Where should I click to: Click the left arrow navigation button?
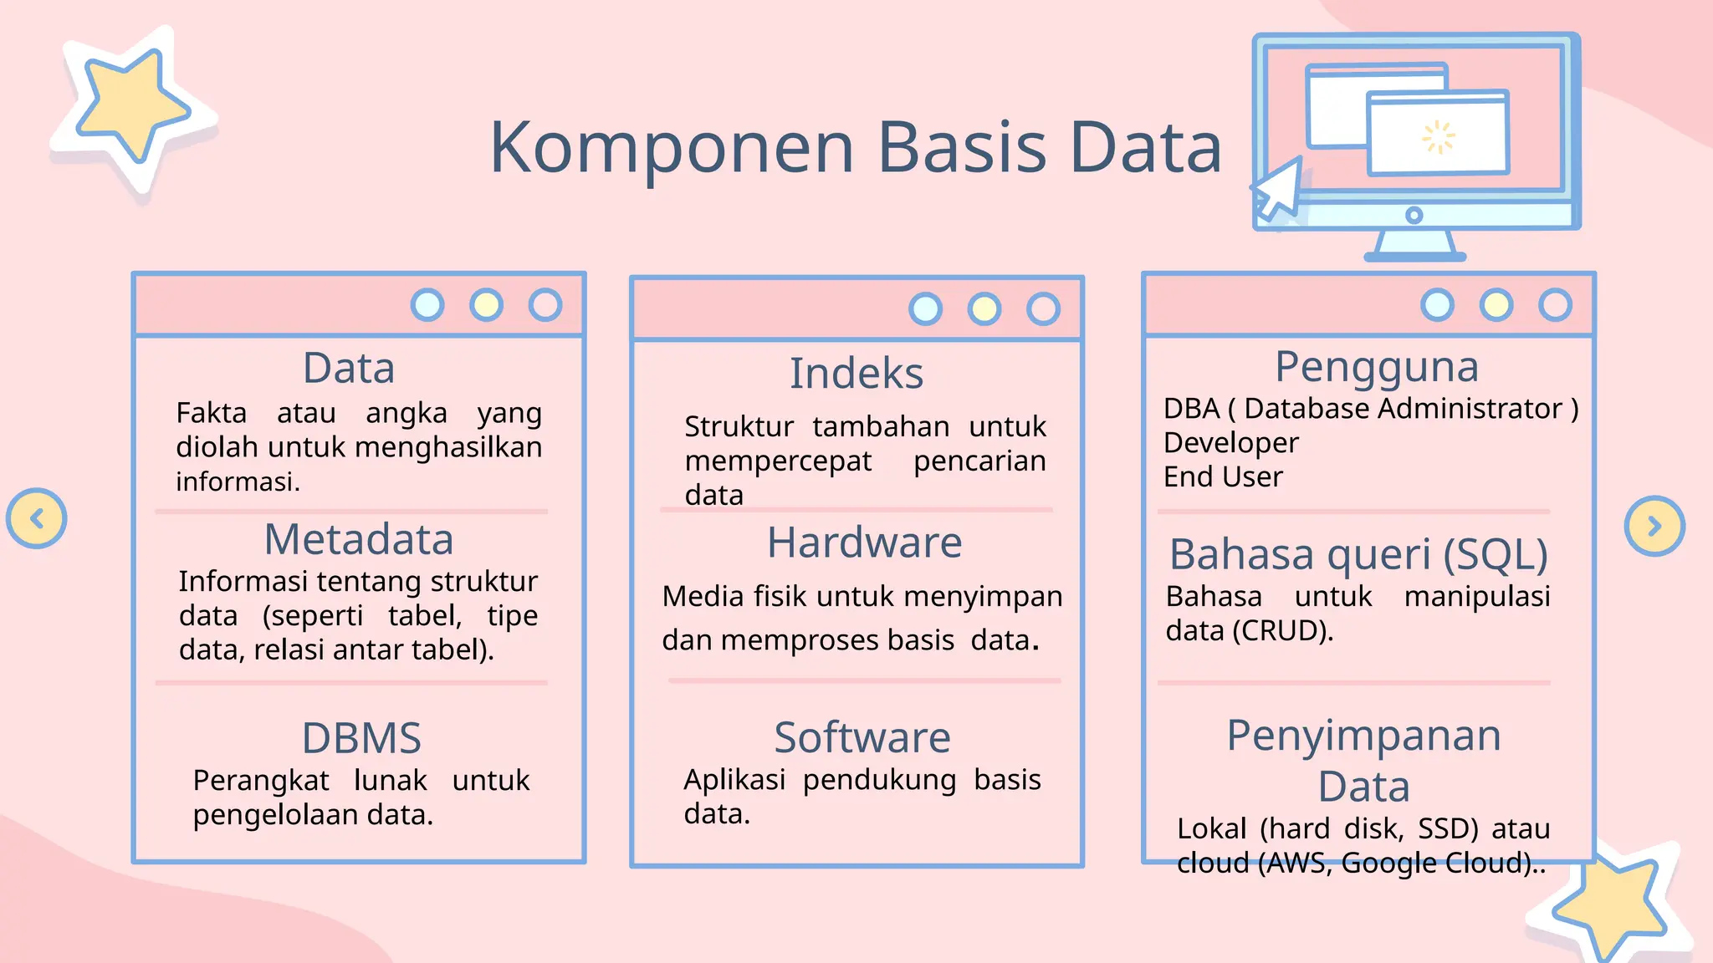click(x=37, y=519)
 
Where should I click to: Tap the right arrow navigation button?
click(x=1654, y=527)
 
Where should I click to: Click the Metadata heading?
click(x=359, y=540)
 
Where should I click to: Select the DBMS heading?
click(x=361, y=738)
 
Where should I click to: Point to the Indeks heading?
click(x=856, y=374)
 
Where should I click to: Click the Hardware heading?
click(x=864, y=543)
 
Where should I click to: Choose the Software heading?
click(x=862, y=737)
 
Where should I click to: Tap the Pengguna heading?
click(x=1377, y=367)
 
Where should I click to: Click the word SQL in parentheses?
click(x=1496, y=554)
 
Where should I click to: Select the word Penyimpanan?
click(x=1363, y=736)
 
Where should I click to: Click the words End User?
click(x=1223, y=477)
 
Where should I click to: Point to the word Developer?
click(x=1230, y=443)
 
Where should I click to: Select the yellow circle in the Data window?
click(x=486, y=305)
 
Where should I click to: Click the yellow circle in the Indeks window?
click(x=984, y=309)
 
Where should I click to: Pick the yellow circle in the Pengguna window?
click(x=1496, y=305)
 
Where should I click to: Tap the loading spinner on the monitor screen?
click(x=1439, y=138)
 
